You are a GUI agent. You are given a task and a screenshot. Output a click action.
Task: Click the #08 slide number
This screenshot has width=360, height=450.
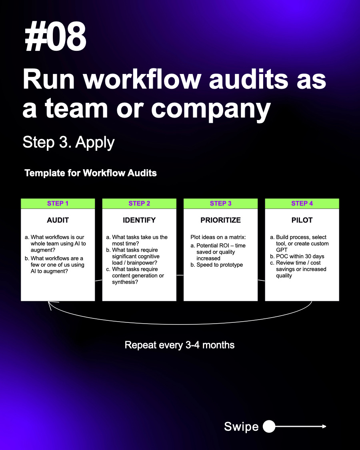[x=55, y=37]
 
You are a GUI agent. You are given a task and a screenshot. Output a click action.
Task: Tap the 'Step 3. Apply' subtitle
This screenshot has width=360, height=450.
[x=68, y=142]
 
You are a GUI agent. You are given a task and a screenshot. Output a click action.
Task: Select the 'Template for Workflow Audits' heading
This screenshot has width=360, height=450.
[x=90, y=173]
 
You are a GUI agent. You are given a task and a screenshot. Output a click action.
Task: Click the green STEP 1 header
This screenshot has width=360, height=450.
[x=58, y=204]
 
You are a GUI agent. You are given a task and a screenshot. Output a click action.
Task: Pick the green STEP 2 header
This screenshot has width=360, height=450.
[x=139, y=204]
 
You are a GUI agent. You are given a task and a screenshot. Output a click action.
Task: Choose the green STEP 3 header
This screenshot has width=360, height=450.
[x=220, y=204]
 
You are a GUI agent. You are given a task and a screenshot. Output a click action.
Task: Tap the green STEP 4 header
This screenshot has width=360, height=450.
[x=302, y=204]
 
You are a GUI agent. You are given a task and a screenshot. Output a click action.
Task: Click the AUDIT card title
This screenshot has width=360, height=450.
[x=58, y=220]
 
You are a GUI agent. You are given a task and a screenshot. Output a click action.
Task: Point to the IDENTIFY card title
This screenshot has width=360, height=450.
[x=139, y=220]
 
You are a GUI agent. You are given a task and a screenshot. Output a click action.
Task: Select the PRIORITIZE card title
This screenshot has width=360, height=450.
[x=220, y=220]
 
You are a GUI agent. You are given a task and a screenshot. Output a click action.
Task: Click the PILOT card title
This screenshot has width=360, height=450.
[x=302, y=220]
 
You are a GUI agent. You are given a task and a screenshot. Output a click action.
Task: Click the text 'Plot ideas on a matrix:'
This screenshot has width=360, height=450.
[x=218, y=237]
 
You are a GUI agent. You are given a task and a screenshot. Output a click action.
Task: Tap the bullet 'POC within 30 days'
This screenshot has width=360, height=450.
[x=300, y=256]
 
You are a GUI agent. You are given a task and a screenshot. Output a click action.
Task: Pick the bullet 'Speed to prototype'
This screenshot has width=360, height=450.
[x=220, y=265]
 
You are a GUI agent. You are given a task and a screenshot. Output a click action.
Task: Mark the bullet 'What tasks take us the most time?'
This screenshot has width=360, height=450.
[x=140, y=240]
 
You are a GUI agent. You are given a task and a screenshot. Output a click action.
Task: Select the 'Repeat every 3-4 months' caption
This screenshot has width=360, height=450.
[x=180, y=345]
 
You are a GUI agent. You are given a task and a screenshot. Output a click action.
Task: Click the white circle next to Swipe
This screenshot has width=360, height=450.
[x=269, y=426]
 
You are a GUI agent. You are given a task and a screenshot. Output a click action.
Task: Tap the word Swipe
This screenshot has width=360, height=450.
[x=241, y=426]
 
